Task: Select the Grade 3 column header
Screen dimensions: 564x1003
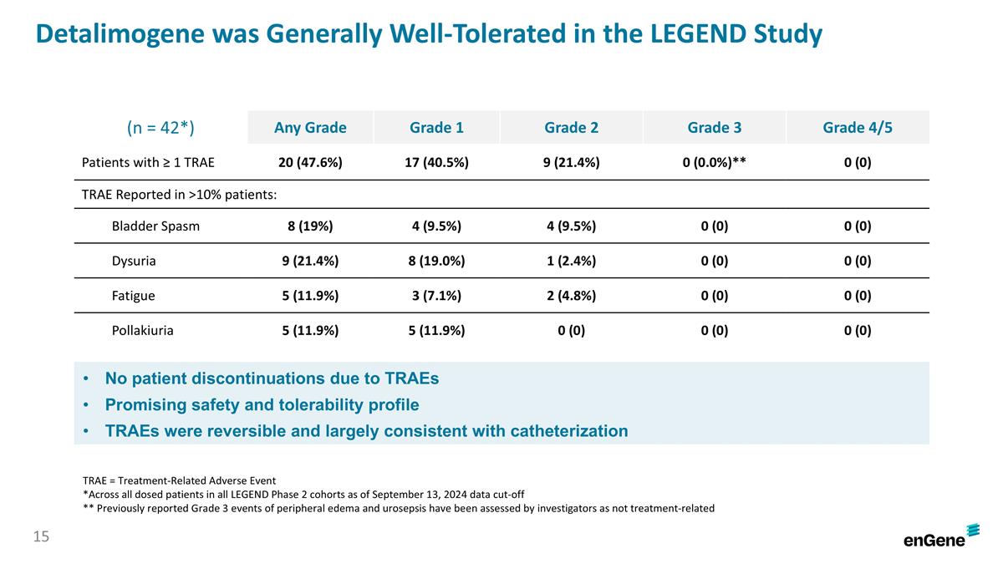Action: (714, 128)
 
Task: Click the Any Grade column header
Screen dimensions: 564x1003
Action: (310, 128)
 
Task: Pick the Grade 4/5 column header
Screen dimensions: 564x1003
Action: (857, 128)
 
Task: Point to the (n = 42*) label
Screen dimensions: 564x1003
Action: (160, 127)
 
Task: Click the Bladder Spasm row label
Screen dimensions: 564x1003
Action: (155, 226)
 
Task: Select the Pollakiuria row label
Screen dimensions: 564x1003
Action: (143, 330)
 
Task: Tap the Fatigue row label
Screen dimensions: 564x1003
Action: (134, 295)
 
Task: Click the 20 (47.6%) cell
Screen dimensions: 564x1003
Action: (310, 163)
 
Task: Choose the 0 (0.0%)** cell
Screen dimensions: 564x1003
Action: (714, 163)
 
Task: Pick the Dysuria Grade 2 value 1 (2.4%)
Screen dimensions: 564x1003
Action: (571, 261)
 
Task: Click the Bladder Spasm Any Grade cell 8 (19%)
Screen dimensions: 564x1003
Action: (310, 226)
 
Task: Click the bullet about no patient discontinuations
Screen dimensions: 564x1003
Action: (272, 379)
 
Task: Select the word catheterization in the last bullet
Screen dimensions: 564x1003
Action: (558, 431)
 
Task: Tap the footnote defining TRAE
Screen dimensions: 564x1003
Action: (180, 480)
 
